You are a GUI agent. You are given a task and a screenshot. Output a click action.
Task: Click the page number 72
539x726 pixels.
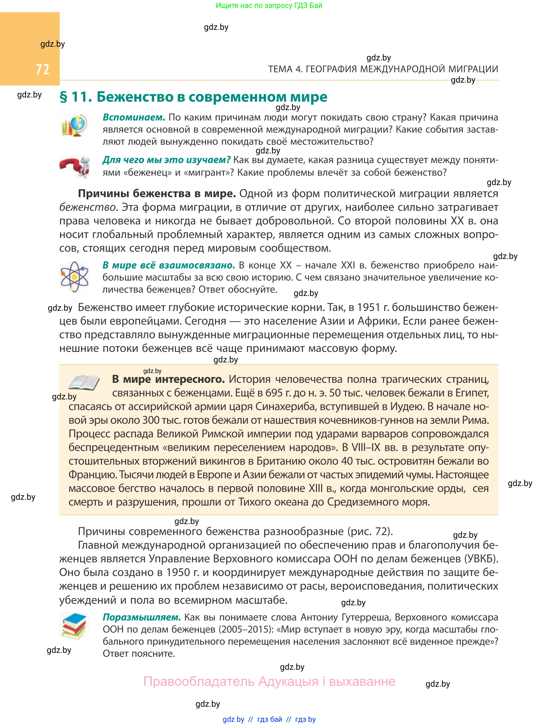pyautogui.click(x=42, y=69)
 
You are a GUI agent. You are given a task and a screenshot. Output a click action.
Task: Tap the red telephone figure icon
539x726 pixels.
pyautogui.click(x=75, y=167)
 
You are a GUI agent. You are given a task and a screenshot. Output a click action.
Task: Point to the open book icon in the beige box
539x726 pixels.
pyautogui.click(x=84, y=383)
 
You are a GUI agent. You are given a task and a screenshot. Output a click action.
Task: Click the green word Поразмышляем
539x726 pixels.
pyautogui.click(x=142, y=617)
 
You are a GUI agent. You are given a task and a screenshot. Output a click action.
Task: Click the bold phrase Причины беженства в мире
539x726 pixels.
pyautogui.click(x=157, y=194)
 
